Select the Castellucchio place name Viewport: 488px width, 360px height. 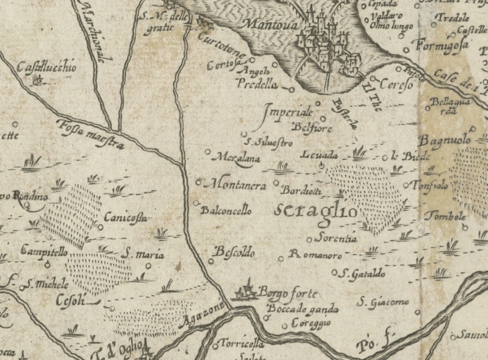click(47, 68)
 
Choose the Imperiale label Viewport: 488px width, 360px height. click(288, 113)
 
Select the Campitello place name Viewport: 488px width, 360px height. click(44, 252)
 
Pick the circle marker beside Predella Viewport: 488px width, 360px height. click(291, 89)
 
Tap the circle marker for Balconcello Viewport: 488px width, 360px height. click(196, 203)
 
